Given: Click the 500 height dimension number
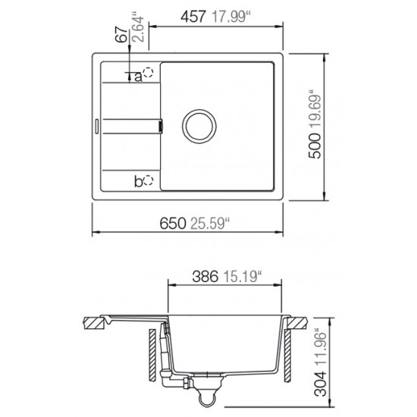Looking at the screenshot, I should pyautogui.click(x=316, y=144).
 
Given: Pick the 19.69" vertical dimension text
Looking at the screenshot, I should pyautogui.click(x=316, y=108).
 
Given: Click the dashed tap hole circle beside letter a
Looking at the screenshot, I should pyautogui.click(x=149, y=74).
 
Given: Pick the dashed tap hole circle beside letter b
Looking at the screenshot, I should pyautogui.click(x=149, y=180).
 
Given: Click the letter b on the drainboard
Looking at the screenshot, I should pyautogui.click(x=138, y=180).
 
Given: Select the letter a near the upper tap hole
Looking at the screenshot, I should pyautogui.click(x=140, y=75).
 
